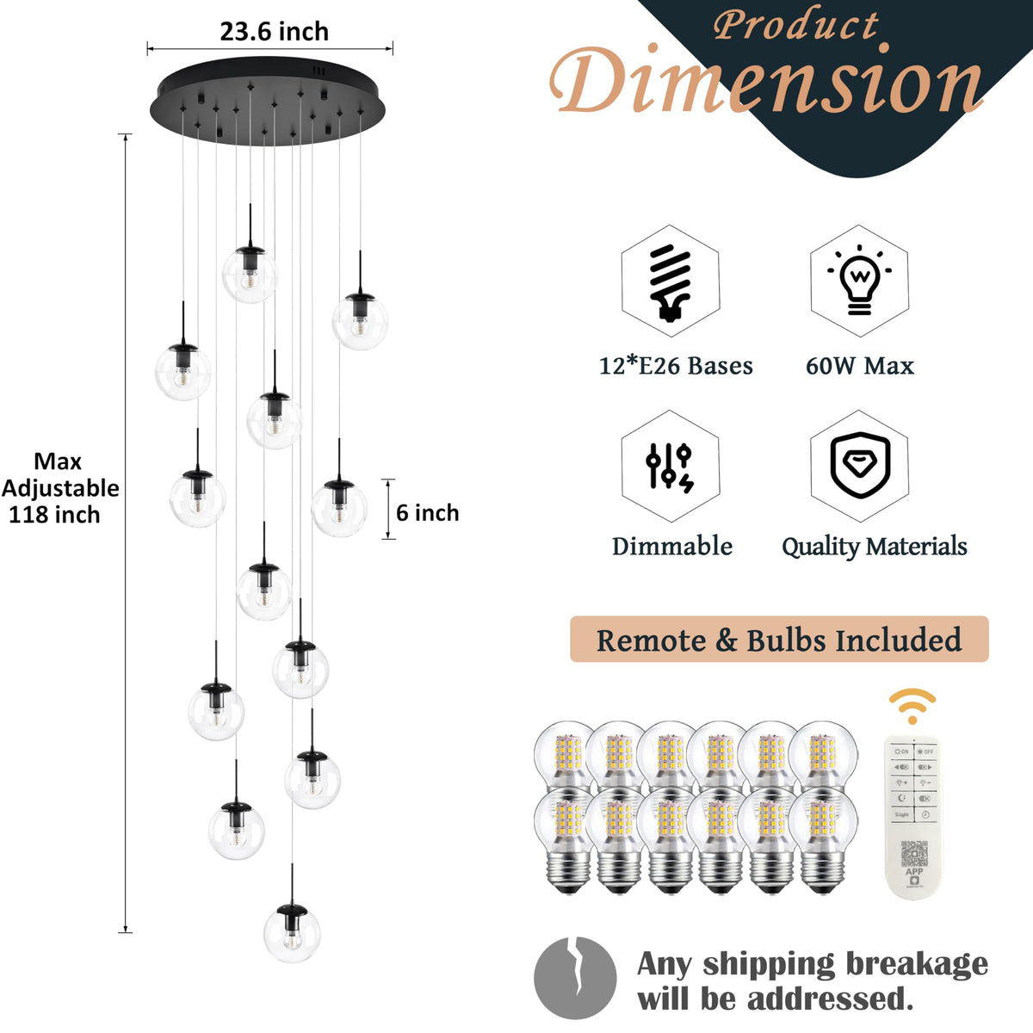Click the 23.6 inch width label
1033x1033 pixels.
pos(274,32)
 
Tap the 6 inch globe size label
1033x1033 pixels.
pos(427,513)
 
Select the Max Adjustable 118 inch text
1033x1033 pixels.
pos(59,488)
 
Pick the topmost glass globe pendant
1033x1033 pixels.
pos(250,274)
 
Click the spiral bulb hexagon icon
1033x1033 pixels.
pos(670,281)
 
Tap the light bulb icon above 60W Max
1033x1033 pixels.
pos(859,281)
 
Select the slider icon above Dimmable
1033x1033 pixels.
pos(670,467)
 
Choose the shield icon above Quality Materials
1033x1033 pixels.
pos(859,467)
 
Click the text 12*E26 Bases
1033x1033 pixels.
pos(676,366)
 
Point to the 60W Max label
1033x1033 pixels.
pos(859,366)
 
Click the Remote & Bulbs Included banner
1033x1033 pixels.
pos(779,640)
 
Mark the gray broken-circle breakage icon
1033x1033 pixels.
pos(575,978)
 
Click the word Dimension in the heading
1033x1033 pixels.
pos(766,82)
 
